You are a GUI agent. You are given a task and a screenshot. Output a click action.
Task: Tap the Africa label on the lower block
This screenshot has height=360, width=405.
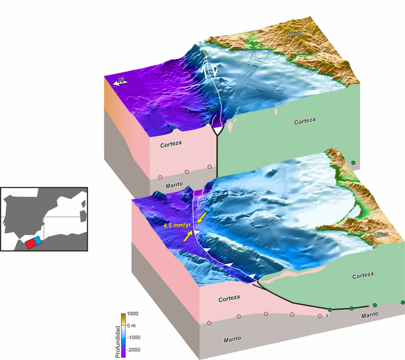pyautogui.click(x=380, y=236)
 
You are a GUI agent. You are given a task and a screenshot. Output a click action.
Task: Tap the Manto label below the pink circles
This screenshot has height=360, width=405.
pyautogui.click(x=234, y=339)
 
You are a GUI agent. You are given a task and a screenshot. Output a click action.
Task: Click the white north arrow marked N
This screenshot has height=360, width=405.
pyautogui.click(x=121, y=82)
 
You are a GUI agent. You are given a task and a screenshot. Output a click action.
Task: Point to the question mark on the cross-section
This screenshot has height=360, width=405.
pyautogui.click(x=327, y=317)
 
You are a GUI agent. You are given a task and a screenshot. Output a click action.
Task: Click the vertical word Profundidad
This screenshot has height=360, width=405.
pyautogui.click(x=117, y=335)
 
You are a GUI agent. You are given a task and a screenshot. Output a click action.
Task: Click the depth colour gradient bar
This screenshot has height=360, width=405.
pyautogui.click(x=123, y=335)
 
